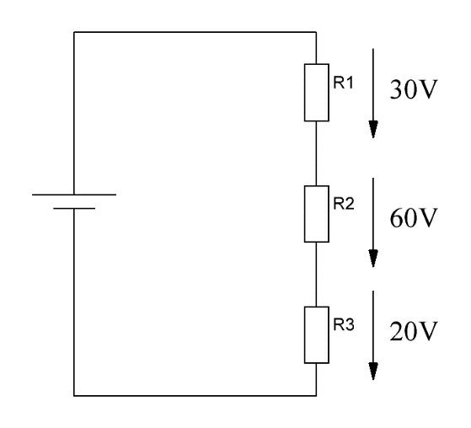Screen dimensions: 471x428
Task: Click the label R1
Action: point(343,83)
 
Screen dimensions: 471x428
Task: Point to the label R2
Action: point(344,203)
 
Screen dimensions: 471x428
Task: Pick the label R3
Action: point(344,324)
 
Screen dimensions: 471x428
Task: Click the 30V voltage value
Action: point(413,89)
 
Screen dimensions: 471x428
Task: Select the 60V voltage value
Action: point(413,217)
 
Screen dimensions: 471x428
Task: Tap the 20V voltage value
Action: point(413,331)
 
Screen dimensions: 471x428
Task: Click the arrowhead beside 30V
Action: point(373,129)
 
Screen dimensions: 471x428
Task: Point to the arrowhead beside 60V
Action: point(373,259)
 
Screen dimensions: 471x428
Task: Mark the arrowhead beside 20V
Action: point(373,372)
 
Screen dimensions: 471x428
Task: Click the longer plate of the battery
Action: point(74,195)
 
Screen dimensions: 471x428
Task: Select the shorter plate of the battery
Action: point(74,208)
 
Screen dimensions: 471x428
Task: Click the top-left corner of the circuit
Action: point(74,32)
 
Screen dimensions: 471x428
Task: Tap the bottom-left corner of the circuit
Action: point(74,395)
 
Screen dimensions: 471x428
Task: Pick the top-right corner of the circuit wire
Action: point(316,32)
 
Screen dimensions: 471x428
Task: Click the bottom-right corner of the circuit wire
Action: point(316,395)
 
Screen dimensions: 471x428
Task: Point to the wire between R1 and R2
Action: point(316,153)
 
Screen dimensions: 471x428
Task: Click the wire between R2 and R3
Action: point(316,275)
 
